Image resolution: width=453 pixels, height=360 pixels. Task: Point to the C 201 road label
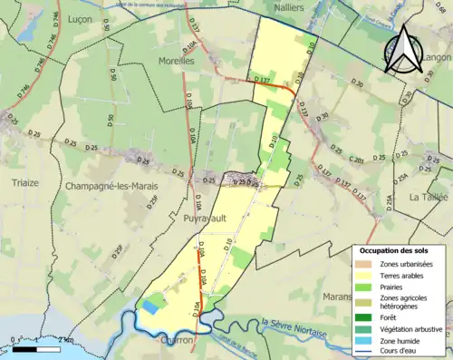pyautogui.click(x=355, y=161)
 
